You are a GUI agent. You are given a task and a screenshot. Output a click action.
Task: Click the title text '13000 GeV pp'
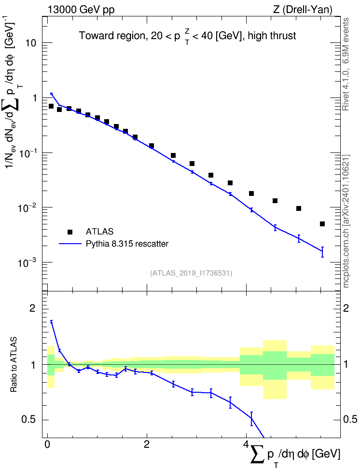point(81,10)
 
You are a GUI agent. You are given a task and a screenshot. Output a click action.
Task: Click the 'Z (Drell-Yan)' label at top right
point(303,10)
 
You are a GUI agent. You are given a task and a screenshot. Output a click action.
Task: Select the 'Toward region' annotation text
point(112,36)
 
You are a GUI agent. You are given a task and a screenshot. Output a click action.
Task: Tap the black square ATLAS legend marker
point(70,232)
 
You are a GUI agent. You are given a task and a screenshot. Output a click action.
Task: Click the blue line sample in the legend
point(70,244)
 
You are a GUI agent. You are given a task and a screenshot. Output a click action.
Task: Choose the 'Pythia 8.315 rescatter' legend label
point(127,244)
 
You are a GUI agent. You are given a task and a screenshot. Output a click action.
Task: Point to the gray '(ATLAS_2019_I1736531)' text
point(191,273)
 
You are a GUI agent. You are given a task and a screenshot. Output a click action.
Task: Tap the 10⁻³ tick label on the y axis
point(27,262)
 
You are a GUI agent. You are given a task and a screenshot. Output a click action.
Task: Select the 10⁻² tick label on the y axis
point(27,207)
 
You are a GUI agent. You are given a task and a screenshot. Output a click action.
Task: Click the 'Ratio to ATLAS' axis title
point(14,364)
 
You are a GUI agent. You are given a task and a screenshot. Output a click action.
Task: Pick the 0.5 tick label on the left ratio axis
point(29,420)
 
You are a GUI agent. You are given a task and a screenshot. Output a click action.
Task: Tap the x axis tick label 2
point(147,444)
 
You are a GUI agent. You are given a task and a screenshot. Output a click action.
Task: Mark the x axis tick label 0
point(47,444)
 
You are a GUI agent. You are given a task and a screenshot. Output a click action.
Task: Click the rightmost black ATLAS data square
point(322,224)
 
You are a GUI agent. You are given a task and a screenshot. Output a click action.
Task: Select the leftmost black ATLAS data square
point(51,106)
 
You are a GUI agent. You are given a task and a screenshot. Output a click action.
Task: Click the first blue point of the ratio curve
point(52,322)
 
